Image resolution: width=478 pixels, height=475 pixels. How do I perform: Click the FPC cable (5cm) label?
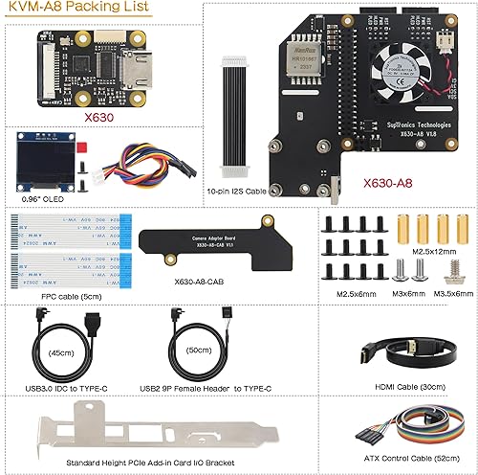pyautogui.click(x=58, y=297)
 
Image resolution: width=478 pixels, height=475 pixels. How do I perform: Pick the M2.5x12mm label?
pyautogui.click(x=431, y=251)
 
